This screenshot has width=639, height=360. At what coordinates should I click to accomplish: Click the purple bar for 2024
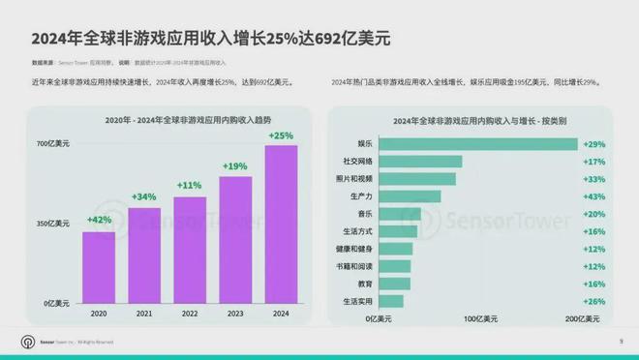[x=281, y=225]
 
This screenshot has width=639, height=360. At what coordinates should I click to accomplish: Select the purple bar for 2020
[x=99, y=267]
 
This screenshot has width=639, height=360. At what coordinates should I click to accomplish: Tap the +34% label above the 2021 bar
[x=144, y=197]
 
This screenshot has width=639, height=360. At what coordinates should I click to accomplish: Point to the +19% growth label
[x=235, y=165]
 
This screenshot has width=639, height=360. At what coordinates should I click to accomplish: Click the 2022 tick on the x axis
[x=190, y=314]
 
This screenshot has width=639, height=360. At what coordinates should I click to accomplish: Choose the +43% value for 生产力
[x=594, y=195]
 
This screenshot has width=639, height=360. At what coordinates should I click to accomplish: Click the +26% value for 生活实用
[x=594, y=301]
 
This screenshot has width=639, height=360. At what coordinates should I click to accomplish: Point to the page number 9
[x=620, y=341]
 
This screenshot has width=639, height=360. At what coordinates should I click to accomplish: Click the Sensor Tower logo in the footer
[x=27, y=342]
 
